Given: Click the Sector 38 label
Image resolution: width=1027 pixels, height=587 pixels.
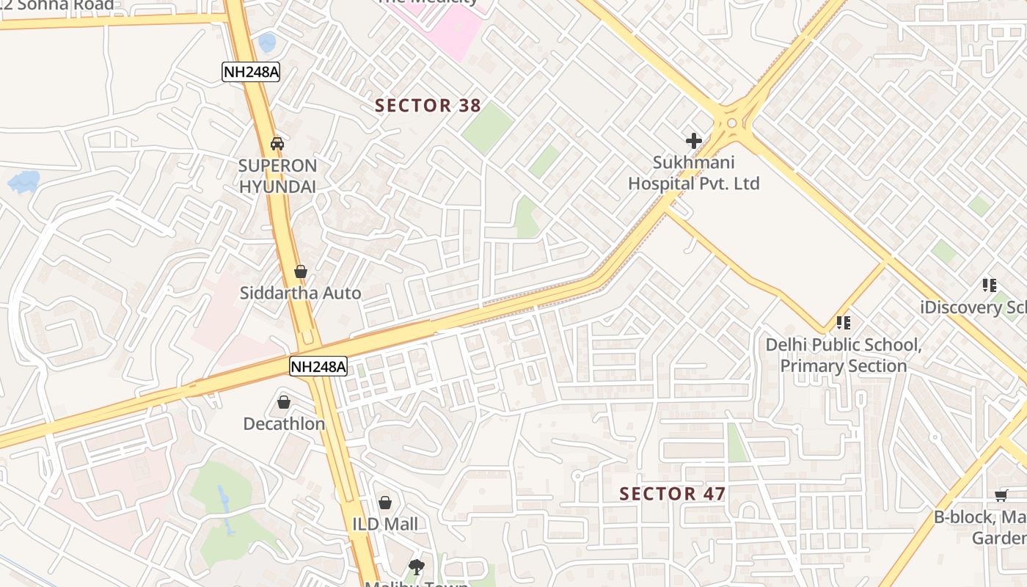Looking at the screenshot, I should pos(428,106).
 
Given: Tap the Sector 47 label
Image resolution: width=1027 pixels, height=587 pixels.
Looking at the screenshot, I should pos(672,494).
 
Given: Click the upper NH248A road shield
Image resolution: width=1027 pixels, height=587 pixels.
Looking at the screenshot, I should pos(251,71).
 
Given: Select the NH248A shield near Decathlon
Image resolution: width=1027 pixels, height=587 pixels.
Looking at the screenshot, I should pos(318,366).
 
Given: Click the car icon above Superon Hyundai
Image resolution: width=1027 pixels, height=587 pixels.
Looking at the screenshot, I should pos(277,143).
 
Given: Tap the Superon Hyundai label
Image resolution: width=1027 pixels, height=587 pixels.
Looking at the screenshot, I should pos(277,176).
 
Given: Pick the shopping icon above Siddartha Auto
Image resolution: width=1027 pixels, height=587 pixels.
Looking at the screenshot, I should pos(300,271).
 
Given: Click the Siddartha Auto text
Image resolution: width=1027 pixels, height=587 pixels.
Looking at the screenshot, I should pos(300,293).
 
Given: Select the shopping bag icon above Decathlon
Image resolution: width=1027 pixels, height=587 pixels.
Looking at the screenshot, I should pos(284,402).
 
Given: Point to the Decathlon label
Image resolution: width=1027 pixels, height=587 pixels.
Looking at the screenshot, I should pos(284,424).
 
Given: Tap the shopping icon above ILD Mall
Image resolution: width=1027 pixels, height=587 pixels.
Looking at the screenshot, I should pos(385,503).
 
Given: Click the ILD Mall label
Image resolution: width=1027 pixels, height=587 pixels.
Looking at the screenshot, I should pos(385,524).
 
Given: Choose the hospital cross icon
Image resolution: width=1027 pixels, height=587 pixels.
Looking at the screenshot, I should pos(693,140).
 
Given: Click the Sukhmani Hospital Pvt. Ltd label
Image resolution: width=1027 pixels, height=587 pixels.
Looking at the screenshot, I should pos(693,173).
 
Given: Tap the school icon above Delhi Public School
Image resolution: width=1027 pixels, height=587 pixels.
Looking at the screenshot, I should pos(844,322).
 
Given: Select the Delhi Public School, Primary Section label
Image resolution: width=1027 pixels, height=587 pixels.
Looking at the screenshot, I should pos(844,355).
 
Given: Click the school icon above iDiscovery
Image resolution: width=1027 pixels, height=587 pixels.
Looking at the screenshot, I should pos(989,285).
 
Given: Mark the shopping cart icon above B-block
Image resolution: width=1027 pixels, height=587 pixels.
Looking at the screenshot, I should pos(1001,495).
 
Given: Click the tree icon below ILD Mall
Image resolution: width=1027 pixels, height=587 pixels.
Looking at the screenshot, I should pos(417,566).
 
